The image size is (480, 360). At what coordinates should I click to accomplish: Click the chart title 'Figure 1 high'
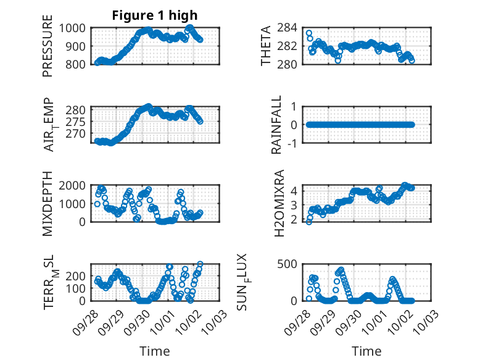[x=154, y=15]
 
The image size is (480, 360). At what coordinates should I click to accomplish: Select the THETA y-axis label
[x=266, y=46]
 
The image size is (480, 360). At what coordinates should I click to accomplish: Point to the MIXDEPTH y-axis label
[x=48, y=204]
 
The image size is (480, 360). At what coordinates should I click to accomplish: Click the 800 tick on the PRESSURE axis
[x=78, y=64]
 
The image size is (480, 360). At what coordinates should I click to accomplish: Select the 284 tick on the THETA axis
[x=294, y=28]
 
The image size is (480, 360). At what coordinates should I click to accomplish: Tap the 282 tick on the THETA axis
[x=294, y=46]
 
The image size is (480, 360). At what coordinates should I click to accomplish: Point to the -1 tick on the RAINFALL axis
[x=297, y=143]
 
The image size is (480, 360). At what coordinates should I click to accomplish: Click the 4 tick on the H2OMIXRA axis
[x=299, y=190]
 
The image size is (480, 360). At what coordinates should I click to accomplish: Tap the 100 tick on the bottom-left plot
[x=78, y=288]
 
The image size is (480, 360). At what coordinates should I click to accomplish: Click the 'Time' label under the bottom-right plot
[x=366, y=351]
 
